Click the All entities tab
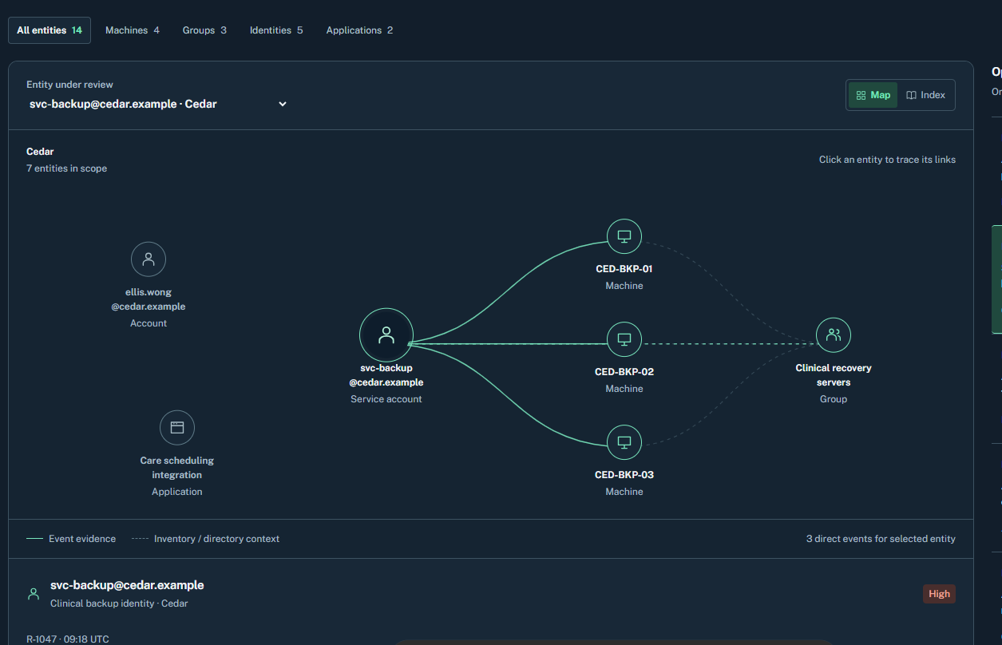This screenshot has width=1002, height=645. pyautogui.click(x=50, y=30)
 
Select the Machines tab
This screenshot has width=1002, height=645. pyautogui.click(x=132, y=30)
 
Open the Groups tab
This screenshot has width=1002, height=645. pyautogui.click(x=204, y=30)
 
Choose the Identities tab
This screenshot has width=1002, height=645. pyautogui.click(x=276, y=30)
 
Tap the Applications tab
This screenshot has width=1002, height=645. pyautogui.click(x=359, y=30)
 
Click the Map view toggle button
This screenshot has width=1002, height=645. pyautogui.click(x=873, y=95)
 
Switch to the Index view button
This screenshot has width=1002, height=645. pyautogui.click(x=925, y=95)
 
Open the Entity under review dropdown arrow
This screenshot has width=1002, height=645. pyautogui.click(x=283, y=105)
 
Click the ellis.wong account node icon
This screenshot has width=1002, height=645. pyautogui.click(x=149, y=259)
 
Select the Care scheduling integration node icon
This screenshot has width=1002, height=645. pyautogui.click(x=177, y=428)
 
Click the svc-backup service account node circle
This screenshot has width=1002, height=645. pyautogui.click(x=386, y=335)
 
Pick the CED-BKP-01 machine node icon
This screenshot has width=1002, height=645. pyautogui.click(x=624, y=236)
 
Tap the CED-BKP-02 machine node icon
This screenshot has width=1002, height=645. pyautogui.click(x=624, y=339)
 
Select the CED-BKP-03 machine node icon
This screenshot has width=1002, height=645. pyautogui.click(x=624, y=442)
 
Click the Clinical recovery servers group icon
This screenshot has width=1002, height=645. pyautogui.click(x=834, y=335)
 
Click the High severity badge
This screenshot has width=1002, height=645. pyautogui.click(x=939, y=594)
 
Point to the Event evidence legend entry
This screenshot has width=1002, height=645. pyautogui.click(x=71, y=539)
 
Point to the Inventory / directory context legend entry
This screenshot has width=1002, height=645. pyautogui.click(x=205, y=539)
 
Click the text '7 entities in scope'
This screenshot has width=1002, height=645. pyautogui.click(x=66, y=168)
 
